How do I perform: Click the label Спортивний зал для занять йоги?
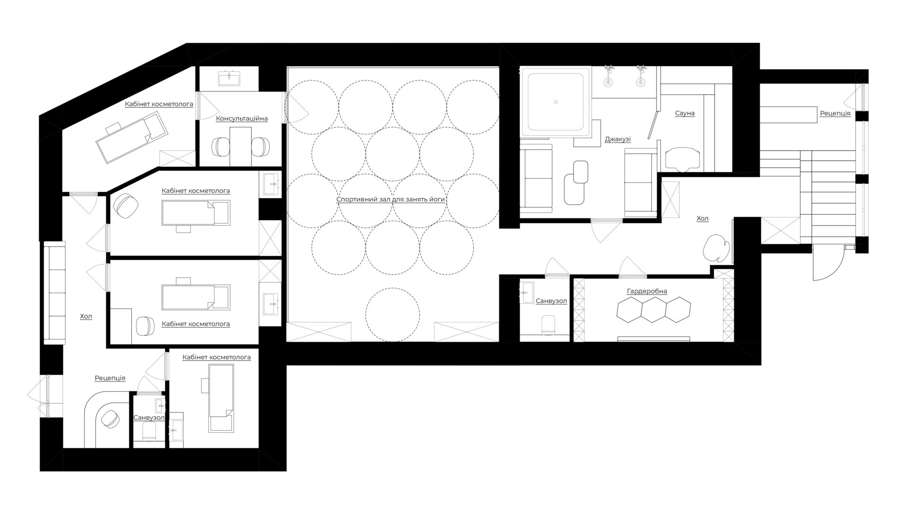pyautogui.click(x=391, y=199)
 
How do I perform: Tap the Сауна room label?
pyautogui.click(x=685, y=113)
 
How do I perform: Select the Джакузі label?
pyautogui.click(x=617, y=139)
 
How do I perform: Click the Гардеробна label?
pyautogui.click(x=647, y=291)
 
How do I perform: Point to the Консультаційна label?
pyautogui.click(x=242, y=118)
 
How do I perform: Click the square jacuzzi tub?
pyautogui.click(x=556, y=102)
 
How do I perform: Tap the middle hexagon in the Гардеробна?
pyautogui.click(x=653, y=310)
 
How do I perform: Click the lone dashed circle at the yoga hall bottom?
pyautogui.click(x=393, y=314)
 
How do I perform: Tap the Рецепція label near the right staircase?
pyautogui.click(x=835, y=113)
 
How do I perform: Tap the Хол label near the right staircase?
pyautogui.click(x=702, y=218)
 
